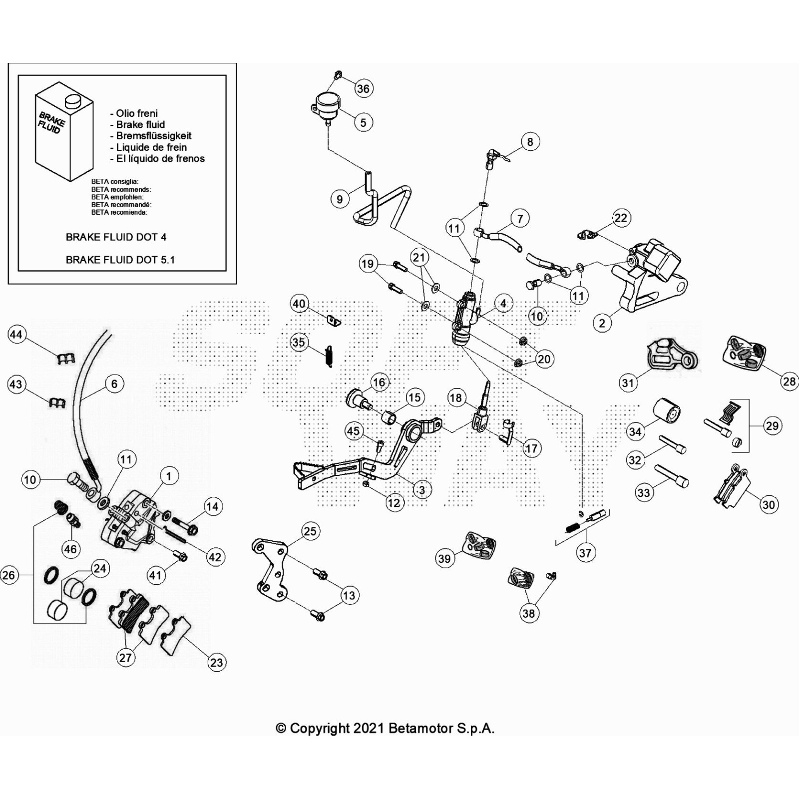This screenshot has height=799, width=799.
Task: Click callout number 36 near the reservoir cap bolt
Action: [363, 88]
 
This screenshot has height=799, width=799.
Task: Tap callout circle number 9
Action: [340, 199]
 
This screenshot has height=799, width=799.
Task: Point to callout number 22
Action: [620, 218]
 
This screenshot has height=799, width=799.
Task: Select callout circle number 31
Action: [628, 383]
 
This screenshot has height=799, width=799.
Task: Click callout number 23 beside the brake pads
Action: [216, 662]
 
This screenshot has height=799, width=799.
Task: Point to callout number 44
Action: [16, 334]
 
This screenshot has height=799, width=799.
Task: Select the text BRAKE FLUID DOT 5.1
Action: [120, 260]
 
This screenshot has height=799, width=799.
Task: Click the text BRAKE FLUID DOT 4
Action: [116, 237]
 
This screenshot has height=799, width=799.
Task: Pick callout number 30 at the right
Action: [769, 504]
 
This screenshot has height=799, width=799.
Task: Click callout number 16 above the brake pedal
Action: [379, 383]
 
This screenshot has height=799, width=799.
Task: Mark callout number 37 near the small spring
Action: [585, 553]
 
